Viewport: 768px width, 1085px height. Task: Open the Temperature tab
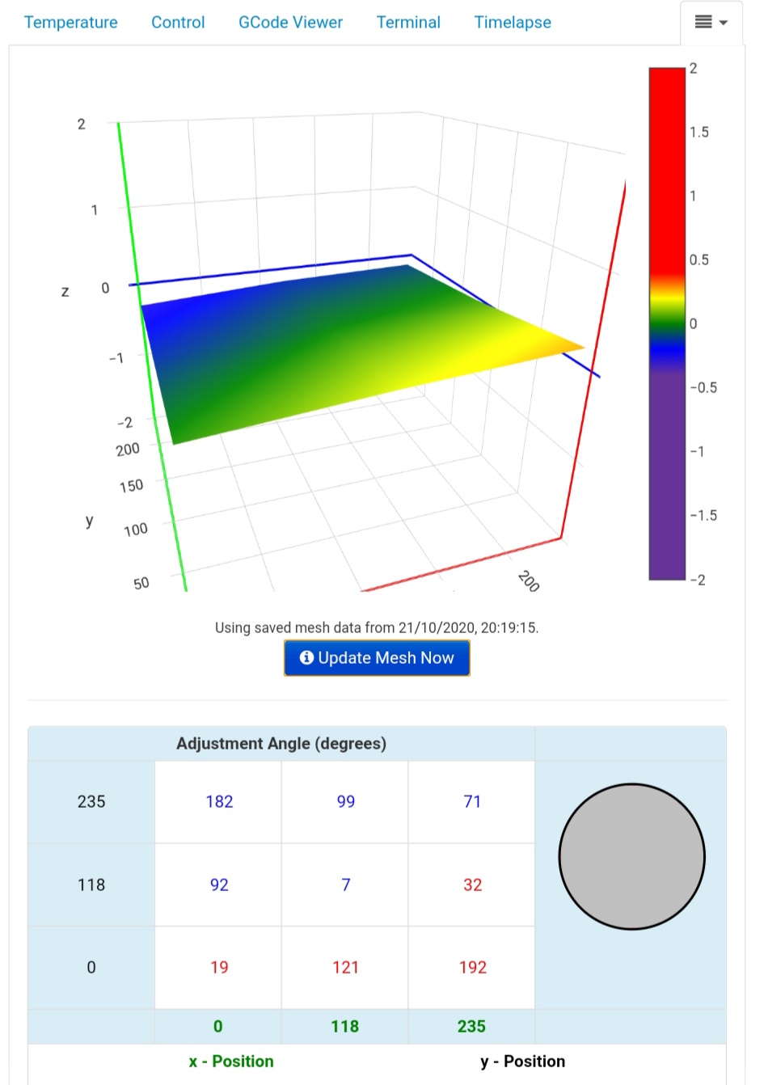tap(71, 23)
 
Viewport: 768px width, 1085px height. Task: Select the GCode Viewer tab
tap(290, 23)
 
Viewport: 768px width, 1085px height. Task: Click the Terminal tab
tap(408, 23)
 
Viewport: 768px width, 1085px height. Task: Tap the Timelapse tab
tap(513, 23)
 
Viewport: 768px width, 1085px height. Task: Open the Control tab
tap(178, 23)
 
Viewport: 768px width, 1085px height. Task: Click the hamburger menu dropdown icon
tap(711, 23)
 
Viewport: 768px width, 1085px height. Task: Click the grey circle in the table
tap(631, 856)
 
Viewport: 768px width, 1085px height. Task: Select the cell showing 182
tap(219, 801)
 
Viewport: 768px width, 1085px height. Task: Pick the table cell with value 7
tap(345, 884)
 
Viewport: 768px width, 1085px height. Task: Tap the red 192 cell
tap(472, 967)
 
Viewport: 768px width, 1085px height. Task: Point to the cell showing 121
tap(345, 967)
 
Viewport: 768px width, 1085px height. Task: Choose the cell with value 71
tap(472, 801)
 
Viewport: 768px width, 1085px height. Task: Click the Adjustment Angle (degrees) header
tap(281, 744)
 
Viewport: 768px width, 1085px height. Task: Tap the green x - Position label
tap(231, 1061)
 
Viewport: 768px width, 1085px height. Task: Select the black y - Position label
tap(522, 1061)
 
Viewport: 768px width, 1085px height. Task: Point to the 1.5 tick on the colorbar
tap(699, 132)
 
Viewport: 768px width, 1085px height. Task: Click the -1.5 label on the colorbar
tap(703, 515)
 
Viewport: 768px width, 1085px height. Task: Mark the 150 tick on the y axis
tap(131, 485)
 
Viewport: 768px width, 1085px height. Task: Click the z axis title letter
tap(65, 291)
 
